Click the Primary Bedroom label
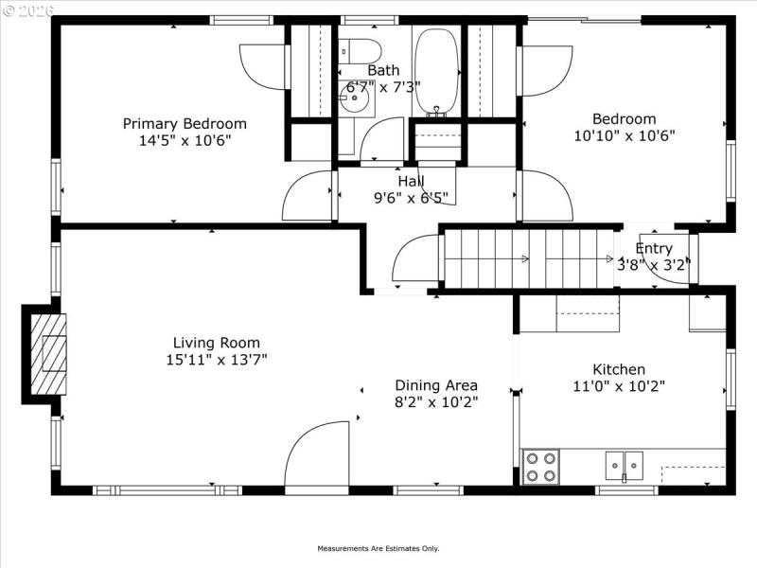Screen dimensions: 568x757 pyautogui.click(x=185, y=123)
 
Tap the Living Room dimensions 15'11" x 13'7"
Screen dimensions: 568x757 pyautogui.click(x=216, y=360)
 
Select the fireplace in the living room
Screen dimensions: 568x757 pyautogui.click(x=50, y=353)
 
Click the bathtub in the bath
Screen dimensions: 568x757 pyautogui.click(x=436, y=71)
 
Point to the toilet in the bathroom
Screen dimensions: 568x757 pyautogui.click(x=360, y=49)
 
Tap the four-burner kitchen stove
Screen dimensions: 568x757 pyautogui.click(x=540, y=467)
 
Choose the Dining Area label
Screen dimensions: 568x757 pyautogui.click(x=436, y=385)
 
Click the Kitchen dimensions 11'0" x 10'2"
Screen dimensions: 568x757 pyautogui.click(x=619, y=386)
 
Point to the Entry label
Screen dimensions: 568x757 pyautogui.click(x=654, y=249)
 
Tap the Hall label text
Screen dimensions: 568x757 pyautogui.click(x=411, y=181)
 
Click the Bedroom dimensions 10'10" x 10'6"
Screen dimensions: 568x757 pyautogui.click(x=624, y=135)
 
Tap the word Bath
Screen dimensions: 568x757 pyautogui.click(x=383, y=70)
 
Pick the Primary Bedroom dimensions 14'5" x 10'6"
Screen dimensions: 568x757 pyautogui.click(x=185, y=140)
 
